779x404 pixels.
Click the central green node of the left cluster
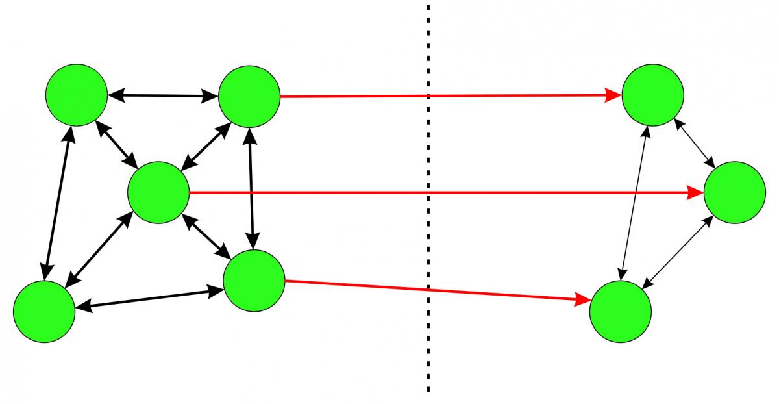tap(158, 193)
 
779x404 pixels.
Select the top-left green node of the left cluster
tap(77, 94)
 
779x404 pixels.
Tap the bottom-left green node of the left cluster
tap(44, 311)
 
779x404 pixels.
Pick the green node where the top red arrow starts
tap(249, 96)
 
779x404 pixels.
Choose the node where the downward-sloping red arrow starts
tap(254, 281)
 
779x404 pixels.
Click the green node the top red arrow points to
tap(652, 95)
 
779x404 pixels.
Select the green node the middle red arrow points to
tap(734, 193)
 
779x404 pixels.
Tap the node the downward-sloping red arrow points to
tap(620, 311)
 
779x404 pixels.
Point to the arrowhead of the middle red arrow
tap(696, 193)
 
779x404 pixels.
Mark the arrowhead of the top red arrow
tap(614, 96)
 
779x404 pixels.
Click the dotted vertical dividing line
tap(428, 325)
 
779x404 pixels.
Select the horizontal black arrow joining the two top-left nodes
tap(163, 96)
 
